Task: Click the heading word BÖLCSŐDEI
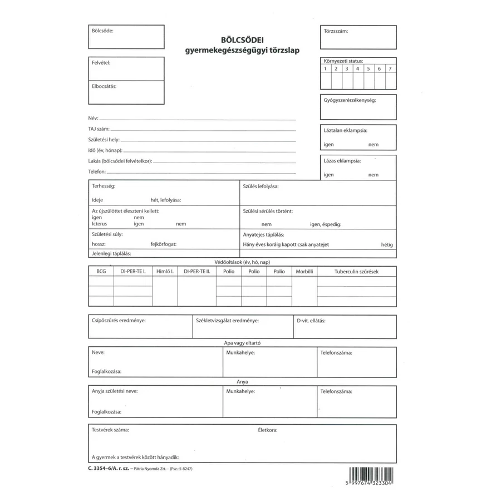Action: (x=242, y=40)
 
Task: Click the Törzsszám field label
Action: (x=336, y=31)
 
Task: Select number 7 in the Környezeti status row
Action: (x=390, y=68)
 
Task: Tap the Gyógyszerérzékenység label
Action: (x=350, y=100)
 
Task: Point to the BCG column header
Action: (x=101, y=272)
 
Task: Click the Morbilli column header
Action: (x=304, y=272)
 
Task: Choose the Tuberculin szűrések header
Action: (x=356, y=272)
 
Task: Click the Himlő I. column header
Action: (x=165, y=272)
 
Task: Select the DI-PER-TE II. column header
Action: (x=197, y=272)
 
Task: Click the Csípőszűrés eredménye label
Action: (x=119, y=321)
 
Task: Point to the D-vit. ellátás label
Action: (x=311, y=321)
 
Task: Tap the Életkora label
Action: (x=268, y=430)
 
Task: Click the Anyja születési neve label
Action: (x=115, y=391)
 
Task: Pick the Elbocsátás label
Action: (x=104, y=87)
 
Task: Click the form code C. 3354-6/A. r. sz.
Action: (x=108, y=469)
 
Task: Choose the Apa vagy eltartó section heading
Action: (x=242, y=343)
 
